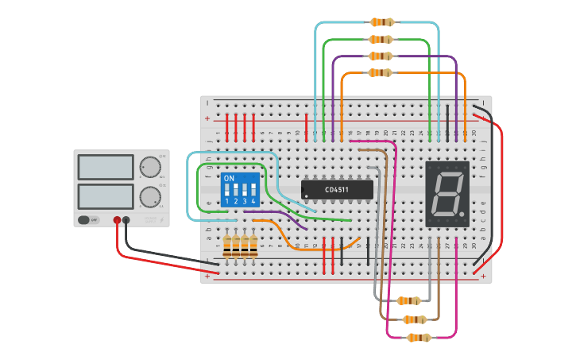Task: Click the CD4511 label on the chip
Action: pyautogui.click(x=337, y=190)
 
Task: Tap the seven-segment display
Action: pyautogui.click(x=446, y=193)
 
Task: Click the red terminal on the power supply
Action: pyautogui.click(x=117, y=220)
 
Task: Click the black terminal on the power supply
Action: pyautogui.click(x=126, y=220)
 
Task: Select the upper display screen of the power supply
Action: pyautogui.click(x=106, y=167)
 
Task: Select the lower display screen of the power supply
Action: pyautogui.click(x=106, y=195)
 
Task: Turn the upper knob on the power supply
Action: pyautogui.click(x=149, y=167)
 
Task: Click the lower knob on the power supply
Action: pyautogui.click(x=149, y=196)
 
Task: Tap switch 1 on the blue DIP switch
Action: pyautogui.click(x=227, y=191)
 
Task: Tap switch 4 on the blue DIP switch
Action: pyautogui.click(x=253, y=191)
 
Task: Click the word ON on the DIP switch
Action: pyautogui.click(x=229, y=179)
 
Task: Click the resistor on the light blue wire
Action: pyautogui.click(x=381, y=22)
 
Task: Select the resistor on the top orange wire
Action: pyautogui.click(x=380, y=73)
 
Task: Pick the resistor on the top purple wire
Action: pyautogui.click(x=380, y=56)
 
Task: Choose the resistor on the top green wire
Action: pyautogui.click(x=381, y=39)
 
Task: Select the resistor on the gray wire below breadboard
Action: pyautogui.click(x=408, y=300)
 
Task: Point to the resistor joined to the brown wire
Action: pyautogui.click(x=415, y=319)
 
